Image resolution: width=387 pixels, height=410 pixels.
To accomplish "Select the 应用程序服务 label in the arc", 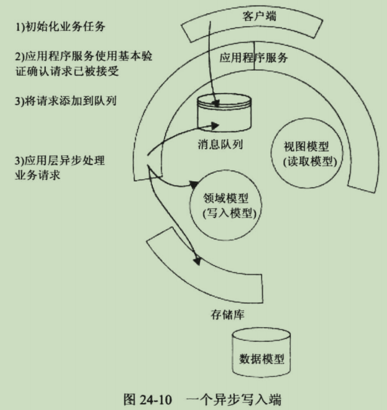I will pos(253,57).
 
